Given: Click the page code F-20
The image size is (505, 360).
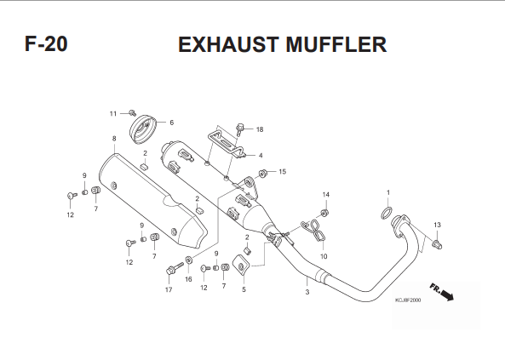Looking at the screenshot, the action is (46, 43).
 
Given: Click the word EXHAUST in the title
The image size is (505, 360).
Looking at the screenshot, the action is (228, 44).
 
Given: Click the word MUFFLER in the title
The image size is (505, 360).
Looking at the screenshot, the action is (336, 44).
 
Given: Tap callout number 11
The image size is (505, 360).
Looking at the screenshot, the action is (112, 114).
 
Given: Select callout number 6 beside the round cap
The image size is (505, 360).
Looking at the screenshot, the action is (172, 123).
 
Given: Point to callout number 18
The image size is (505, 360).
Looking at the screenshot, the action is (260, 129).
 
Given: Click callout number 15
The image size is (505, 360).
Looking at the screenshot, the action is (282, 172).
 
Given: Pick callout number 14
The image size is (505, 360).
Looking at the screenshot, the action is (326, 195).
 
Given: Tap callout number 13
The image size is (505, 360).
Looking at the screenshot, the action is (437, 225).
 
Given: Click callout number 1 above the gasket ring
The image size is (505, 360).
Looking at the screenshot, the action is (388, 192).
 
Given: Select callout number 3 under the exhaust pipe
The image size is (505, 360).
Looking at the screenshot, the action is (307, 292).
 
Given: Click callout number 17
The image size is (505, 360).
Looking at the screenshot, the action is (169, 290).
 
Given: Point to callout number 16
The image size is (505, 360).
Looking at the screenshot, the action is (188, 279).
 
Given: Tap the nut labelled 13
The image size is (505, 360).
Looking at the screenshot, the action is (437, 244).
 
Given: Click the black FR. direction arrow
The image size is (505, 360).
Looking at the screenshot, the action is (445, 294).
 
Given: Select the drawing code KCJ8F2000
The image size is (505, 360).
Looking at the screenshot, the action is (408, 300).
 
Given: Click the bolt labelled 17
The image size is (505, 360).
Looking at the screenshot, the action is (175, 268).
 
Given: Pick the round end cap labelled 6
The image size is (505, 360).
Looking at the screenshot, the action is (143, 129).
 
